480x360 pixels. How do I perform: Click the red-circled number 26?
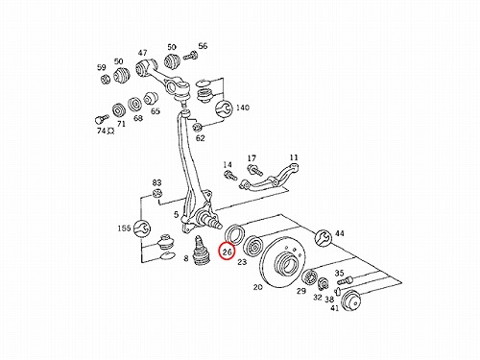[x=227, y=252]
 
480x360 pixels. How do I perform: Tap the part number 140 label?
[x=243, y=108]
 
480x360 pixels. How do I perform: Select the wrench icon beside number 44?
[x=324, y=237]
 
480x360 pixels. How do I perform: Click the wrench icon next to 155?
[x=142, y=228]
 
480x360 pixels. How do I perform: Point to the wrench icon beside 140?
[x=224, y=108]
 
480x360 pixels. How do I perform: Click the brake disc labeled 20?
[x=282, y=263]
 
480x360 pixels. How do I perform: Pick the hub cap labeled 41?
[x=350, y=300]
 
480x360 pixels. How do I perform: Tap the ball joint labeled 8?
[x=201, y=252]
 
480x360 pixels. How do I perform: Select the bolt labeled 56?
[x=190, y=56]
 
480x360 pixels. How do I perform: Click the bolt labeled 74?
[x=99, y=119]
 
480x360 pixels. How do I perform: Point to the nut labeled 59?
[x=106, y=79]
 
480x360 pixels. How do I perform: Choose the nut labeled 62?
[x=197, y=128]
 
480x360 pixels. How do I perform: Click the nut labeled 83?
[x=156, y=193]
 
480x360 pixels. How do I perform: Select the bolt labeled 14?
[x=230, y=176]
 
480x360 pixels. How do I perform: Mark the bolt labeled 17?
[x=254, y=170]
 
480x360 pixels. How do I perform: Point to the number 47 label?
[x=142, y=53]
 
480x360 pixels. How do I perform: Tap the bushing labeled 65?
[x=151, y=99]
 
